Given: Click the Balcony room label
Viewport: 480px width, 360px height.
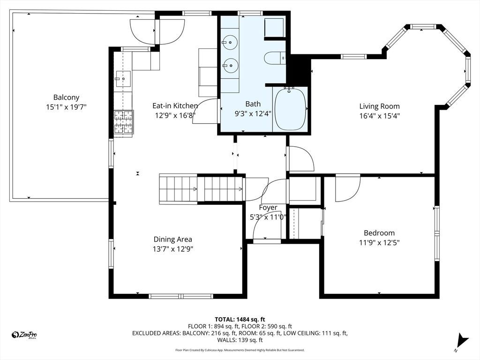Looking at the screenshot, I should coord(66,97).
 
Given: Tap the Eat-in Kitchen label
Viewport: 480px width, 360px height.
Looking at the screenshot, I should coord(175,106).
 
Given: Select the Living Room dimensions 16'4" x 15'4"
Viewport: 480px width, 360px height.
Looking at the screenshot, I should coord(379,115).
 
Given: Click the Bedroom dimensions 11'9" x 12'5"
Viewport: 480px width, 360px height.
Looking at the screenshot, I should coord(379,242).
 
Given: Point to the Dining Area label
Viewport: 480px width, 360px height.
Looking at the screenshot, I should coord(173,239).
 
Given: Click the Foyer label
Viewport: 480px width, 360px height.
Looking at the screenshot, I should coord(268,207).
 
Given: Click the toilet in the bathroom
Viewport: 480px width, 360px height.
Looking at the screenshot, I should coord(274,59).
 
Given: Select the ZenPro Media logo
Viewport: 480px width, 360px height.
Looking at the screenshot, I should coord(24,335).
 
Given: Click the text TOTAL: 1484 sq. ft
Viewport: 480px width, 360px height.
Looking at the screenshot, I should coord(240,319).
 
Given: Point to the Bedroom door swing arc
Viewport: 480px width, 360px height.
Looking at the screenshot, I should coord(347,188).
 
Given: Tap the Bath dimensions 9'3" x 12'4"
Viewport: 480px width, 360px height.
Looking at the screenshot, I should coord(253,113).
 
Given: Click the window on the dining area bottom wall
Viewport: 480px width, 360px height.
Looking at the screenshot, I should coord(180,296).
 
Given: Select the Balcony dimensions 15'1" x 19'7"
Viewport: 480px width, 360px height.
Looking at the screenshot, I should coord(66,107).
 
